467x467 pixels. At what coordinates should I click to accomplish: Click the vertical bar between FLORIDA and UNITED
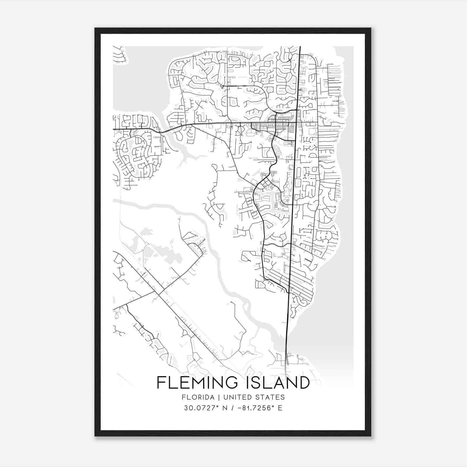tap(215, 397)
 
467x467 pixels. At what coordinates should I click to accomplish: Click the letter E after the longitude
tap(280, 408)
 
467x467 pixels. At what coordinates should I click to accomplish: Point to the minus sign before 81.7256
tap(240, 408)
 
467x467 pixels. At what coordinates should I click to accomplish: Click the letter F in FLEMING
tap(161, 382)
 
